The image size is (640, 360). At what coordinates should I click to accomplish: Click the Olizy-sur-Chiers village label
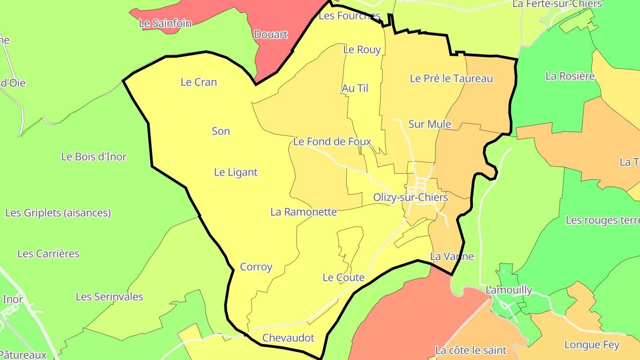tap(410, 197)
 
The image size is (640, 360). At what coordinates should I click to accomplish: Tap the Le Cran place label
tap(199, 82)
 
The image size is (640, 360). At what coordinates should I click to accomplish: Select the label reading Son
tap(221, 131)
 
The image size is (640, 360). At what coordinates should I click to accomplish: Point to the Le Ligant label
tap(236, 172)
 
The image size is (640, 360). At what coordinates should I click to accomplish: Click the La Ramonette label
tap(304, 212)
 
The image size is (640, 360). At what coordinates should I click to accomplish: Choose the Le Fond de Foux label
tap(332, 142)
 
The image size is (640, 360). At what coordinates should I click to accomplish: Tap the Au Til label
tap(355, 88)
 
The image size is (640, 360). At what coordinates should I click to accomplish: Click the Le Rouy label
tap(362, 50)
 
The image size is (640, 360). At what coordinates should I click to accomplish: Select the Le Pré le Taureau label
tap(451, 79)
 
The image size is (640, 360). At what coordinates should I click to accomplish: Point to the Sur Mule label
tap(430, 124)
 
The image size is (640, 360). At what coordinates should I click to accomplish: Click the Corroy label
tap(256, 267)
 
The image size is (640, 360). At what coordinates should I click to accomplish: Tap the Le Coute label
tap(344, 278)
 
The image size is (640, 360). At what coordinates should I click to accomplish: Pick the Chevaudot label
tap(288, 338)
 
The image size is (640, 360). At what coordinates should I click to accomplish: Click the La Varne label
tap(452, 256)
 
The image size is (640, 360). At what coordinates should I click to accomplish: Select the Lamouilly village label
tap(509, 290)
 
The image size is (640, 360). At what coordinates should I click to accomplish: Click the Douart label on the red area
tap(271, 35)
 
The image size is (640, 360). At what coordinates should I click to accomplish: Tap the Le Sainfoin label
tap(165, 24)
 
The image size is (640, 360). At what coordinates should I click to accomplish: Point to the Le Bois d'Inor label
tap(94, 157)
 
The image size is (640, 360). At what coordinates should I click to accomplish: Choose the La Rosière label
tap(570, 76)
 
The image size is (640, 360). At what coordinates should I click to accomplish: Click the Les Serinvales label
tap(109, 297)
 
